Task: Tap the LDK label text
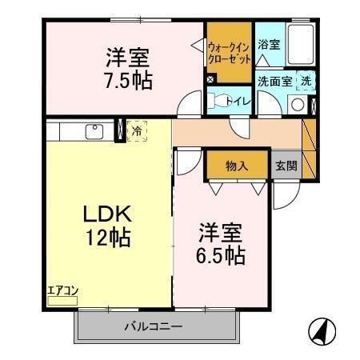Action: [110, 214]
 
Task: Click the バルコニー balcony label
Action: [154, 326]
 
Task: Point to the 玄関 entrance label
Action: [286, 166]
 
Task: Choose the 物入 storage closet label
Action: [237, 166]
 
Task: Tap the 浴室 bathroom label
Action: [269, 46]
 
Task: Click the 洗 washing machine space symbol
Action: [306, 81]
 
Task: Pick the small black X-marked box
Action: [210, 79]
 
